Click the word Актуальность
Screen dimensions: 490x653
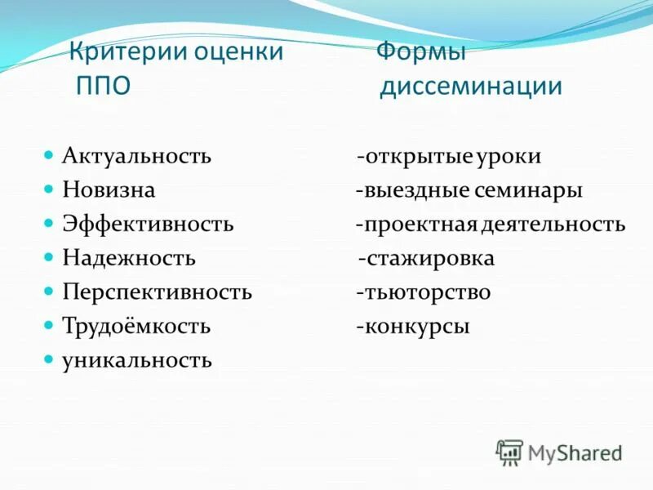[x=137, y=156]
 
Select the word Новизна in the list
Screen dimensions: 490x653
[x=109, y=190]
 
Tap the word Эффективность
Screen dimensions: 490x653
[x=148, y=224]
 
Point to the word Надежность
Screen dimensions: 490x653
[x=129, y=258]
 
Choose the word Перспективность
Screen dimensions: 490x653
[x=157, y=292]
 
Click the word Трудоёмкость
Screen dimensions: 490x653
[x=136, y=327]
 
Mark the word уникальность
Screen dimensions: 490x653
[x=137, y=360]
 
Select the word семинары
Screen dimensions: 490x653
[x=527, y=190]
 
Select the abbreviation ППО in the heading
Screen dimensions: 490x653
[x=103, y=86]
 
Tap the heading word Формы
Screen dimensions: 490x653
[x=420, y=52]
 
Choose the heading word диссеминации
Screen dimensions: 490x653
[x=471, y=86]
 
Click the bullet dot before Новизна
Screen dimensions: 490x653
[x=49, y=188]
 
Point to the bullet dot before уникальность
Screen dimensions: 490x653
[x=49, y=359]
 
